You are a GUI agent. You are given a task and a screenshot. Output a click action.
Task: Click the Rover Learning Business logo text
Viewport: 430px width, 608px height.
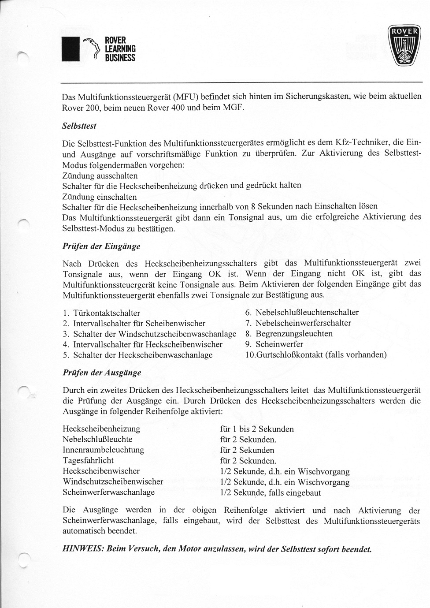click(119, 49)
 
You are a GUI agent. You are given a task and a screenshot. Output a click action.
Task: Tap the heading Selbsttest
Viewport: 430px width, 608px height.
click(79, 126)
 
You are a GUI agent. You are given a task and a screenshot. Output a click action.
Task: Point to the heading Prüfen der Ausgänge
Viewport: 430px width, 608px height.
click(102, 373)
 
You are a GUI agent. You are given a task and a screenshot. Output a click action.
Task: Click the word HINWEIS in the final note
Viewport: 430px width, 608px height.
click(80, 550)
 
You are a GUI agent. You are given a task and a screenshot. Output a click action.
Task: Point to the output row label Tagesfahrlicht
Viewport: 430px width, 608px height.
click(88, 461)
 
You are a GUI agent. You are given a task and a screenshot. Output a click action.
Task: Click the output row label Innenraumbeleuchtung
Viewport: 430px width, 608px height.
click(104, 450)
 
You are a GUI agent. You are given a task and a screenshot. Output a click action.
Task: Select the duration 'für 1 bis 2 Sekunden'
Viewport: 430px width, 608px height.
click(256, 429)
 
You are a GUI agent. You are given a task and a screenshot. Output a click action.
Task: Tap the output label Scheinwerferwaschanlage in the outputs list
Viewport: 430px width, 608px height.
click(109, 492)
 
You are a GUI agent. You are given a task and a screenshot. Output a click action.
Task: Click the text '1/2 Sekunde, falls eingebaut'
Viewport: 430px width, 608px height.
click(270, 493)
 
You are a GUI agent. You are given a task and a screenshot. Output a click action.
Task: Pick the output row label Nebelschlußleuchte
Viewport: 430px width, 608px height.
click(97, 440)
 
